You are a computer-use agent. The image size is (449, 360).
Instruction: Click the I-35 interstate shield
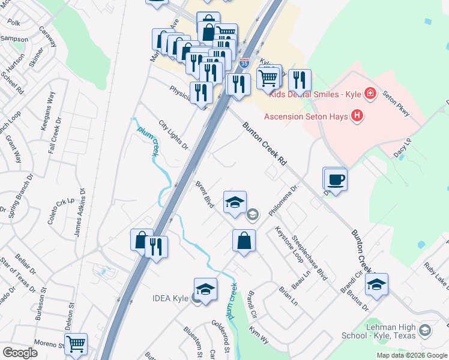244,62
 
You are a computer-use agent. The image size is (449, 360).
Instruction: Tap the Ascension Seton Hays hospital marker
357,115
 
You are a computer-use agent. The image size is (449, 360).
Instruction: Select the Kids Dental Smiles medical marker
370,94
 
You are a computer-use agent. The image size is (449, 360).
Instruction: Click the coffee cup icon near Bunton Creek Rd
335,178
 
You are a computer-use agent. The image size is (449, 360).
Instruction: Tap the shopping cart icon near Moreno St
76,344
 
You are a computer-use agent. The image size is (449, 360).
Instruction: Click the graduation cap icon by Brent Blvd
235,202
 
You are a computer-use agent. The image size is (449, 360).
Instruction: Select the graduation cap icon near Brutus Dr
376,284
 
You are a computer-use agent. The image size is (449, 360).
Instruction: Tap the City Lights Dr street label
173,134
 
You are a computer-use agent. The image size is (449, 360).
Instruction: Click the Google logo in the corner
20,353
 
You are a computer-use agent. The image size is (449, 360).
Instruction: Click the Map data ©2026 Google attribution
412,355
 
